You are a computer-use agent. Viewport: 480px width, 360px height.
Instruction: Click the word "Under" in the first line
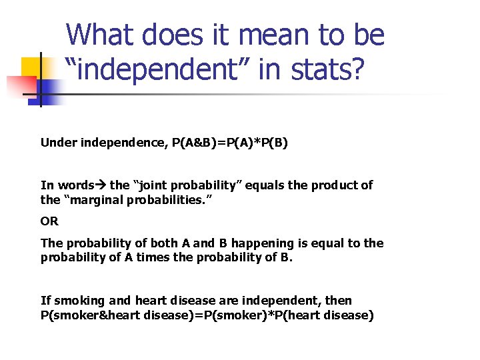(58, 142)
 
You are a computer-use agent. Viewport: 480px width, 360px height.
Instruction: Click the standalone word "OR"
(49, 221)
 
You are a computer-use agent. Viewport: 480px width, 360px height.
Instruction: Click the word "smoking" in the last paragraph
(73, 301)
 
